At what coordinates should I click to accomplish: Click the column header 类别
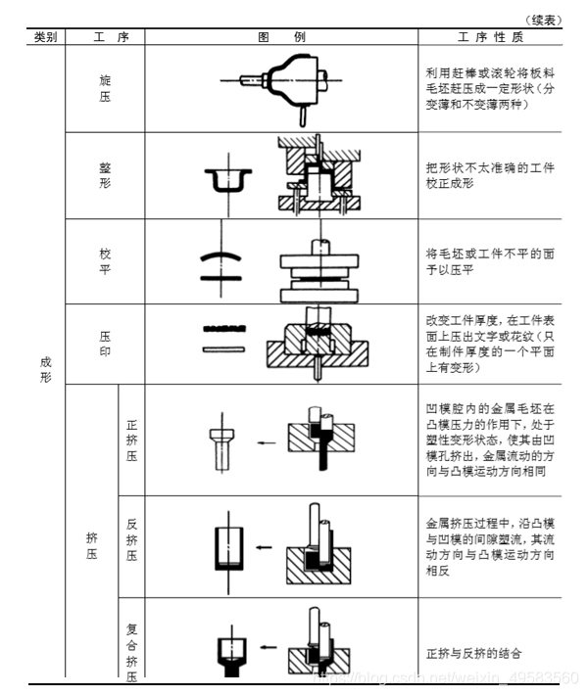pos(45,37)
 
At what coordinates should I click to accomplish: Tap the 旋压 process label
pos(105,88)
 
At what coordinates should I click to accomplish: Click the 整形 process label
pos(105,175)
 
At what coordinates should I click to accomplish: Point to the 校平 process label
pos(105,260)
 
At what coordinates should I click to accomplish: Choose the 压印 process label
pos(105,344)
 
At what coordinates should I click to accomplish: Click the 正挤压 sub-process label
pos(132,441)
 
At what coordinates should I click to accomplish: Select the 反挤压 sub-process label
pos(132,539)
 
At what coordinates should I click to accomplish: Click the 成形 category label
pos(45,369)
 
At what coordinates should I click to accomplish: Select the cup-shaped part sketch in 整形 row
pos(226,178)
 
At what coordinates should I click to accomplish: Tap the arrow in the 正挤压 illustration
pos(265,442)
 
